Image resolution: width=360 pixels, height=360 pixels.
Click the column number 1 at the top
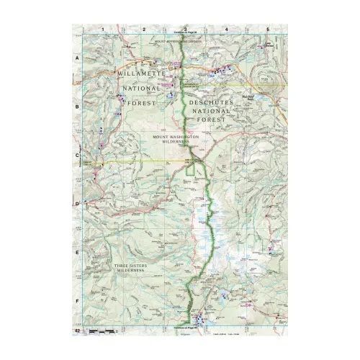tap(104, 28)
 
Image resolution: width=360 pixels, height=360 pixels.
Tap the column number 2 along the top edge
tap(145, 28)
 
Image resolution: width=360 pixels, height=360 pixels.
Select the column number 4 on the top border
tap(227, 28)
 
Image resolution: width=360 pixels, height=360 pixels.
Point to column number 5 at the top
tap(268, 28)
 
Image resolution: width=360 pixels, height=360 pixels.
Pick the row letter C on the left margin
tap(77, 154)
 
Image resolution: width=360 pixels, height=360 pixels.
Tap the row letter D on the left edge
tap(77, 204)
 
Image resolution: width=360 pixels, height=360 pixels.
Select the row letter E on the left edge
tap(77, 253)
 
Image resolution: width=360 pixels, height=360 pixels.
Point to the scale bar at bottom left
tap(101, 330)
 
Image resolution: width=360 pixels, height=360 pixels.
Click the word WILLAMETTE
tap(143, 74)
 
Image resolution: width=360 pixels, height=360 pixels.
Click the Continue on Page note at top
tap(185, 33)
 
